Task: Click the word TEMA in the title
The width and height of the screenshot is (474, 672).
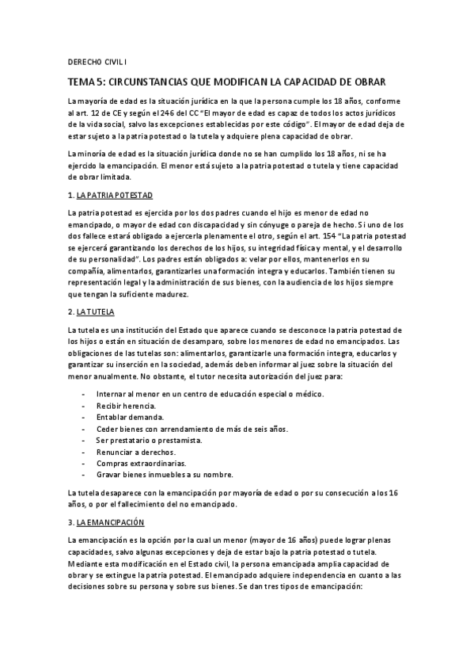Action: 81,82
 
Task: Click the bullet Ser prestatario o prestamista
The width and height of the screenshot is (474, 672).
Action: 147,440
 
